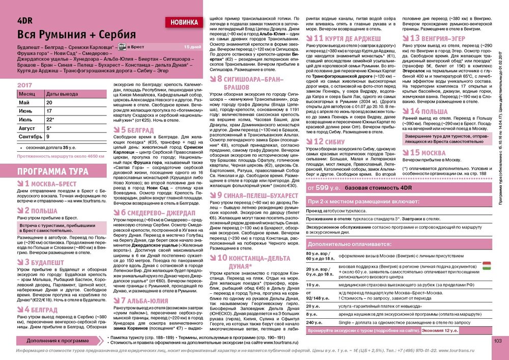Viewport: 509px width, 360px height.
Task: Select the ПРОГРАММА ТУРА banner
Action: click(48, 171)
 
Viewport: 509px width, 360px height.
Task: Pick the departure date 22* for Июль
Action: click(50, 120)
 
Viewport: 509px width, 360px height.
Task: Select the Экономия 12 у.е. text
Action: click(440, 330)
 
